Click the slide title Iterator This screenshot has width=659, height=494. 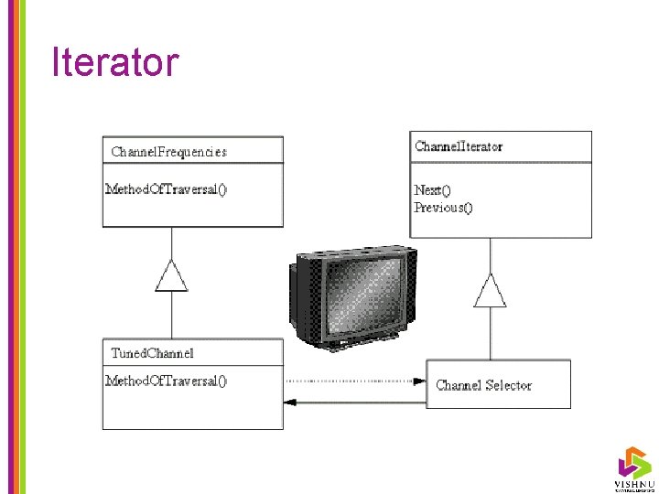tap(115, 62)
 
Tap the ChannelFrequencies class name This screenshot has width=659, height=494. tap(168, 152)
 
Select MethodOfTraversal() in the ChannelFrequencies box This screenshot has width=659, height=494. tap(167, 189)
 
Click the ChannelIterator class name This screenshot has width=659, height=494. tap(458, 146)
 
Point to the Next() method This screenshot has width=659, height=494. tap(432, 189)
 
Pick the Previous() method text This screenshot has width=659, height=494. tap(444, 208)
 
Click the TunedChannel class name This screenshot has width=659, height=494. tap(152, 353)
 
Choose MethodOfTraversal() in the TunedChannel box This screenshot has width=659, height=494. tap(167, 381)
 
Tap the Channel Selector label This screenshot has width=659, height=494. tap(483, 385)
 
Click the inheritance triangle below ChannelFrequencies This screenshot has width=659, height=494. tap(171, 276)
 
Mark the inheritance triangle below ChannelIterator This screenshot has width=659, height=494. tap(490, 292)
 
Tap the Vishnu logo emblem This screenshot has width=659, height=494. tap(633, 461)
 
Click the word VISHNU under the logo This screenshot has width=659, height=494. tap(633, 483)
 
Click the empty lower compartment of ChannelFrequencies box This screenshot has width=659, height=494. tap(192, 212)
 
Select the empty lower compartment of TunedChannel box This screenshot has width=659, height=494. tap(192, 409)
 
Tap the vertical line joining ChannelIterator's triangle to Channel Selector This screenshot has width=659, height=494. tap(490, 334)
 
